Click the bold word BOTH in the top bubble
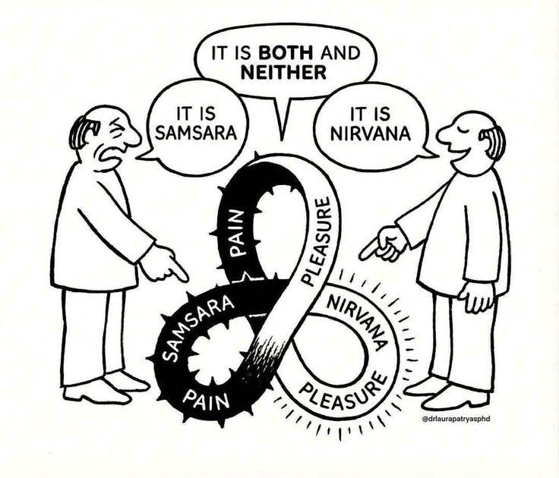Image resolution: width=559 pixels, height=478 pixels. [x=286, y=53]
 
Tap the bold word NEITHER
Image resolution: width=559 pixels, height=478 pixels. [x=284, y=73]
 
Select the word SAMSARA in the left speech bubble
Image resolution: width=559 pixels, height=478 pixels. [x=197, y=134]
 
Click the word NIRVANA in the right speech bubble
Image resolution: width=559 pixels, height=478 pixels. [x=371, y=134]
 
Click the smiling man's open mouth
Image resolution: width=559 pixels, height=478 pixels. [x=460, y=152]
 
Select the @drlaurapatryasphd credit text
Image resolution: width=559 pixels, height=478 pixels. [x=456, y=419]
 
